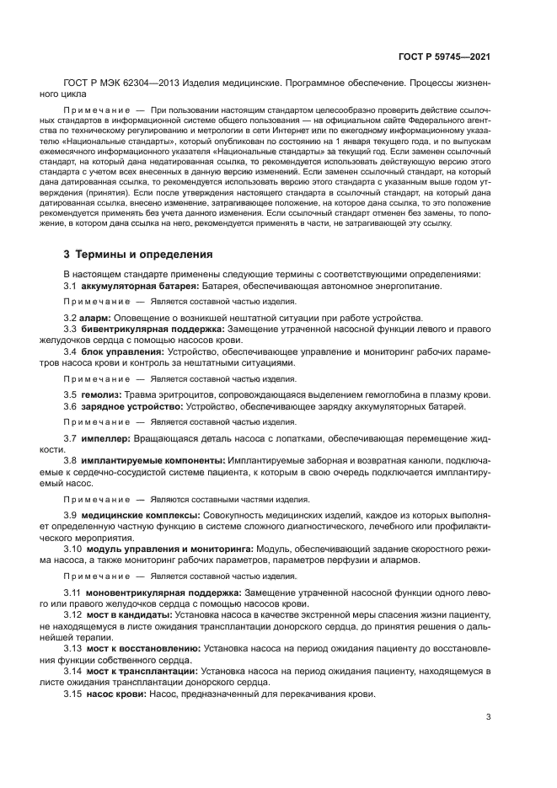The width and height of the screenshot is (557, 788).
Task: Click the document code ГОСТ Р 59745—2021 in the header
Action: [447, 56]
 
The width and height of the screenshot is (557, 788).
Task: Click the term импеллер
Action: [106, 438]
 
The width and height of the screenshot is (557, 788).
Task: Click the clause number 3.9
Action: [71, 514]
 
